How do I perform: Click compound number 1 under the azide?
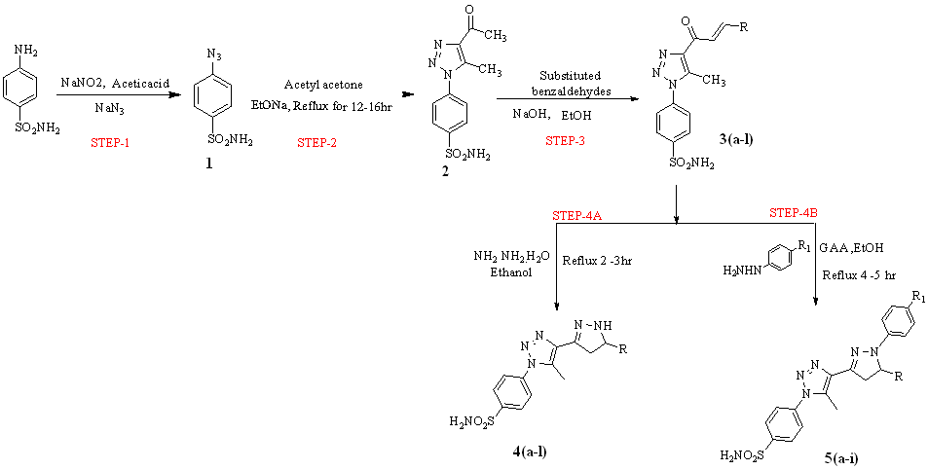[207, 165]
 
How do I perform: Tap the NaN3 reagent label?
[109, 109]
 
